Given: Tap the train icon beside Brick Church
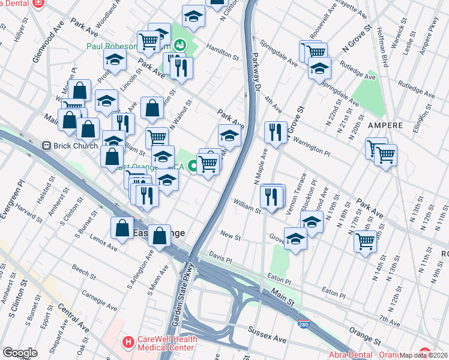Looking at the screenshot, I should (46, 146).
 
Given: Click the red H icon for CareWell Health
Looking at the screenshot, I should (127, 343).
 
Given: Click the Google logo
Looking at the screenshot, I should (20, 352).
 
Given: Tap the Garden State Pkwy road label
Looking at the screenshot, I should (182, 294).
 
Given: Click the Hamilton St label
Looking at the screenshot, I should (223, 53).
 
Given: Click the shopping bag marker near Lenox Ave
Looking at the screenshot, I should (122, 227).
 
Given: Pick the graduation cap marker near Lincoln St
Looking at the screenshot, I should (115, 60).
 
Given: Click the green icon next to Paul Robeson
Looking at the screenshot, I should (179, 45).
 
